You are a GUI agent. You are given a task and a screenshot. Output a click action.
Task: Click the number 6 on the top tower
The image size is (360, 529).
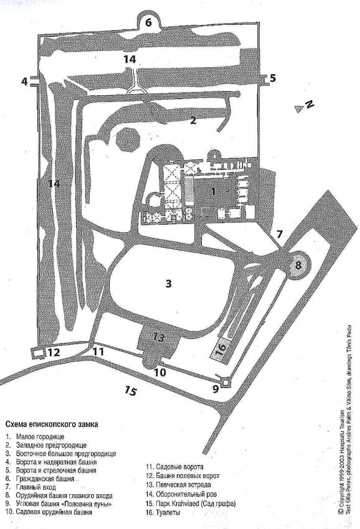[149, 22]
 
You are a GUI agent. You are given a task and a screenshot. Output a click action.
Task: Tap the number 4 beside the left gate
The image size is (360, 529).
[24, 82]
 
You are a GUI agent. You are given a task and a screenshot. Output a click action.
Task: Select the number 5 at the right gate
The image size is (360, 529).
[273, 78]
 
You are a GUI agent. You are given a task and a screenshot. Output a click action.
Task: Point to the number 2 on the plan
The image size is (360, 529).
[193, 119]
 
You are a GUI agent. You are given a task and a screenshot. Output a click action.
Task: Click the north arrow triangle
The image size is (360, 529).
[298, 109]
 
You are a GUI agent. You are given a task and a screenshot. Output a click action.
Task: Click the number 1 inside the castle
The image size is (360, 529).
[213, 191]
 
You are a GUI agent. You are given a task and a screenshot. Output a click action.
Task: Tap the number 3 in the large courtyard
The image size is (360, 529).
[169, 283]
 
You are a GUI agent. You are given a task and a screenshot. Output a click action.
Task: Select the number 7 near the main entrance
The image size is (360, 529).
[279, 234]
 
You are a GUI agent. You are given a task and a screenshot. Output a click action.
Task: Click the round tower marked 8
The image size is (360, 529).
[298, 265]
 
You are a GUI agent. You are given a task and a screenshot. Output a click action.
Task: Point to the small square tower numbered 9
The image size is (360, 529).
[225, 383]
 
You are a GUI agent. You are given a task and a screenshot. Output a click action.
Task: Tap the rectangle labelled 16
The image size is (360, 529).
[220, 349]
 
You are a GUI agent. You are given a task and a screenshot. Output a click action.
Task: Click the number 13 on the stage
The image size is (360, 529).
[158, 337]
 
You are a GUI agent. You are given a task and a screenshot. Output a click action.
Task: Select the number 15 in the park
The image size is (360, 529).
[130, 391]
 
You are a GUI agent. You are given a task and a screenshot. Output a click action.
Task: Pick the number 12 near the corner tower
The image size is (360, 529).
[54, 352]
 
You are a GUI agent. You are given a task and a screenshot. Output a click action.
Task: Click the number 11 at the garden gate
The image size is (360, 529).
[98, 352]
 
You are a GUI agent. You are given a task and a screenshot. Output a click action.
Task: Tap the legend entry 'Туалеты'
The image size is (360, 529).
[168, 512]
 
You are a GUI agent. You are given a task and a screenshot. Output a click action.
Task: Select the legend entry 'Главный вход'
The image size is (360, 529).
[36, 487]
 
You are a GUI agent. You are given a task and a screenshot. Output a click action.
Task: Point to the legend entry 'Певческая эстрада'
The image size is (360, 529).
[183, 484]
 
